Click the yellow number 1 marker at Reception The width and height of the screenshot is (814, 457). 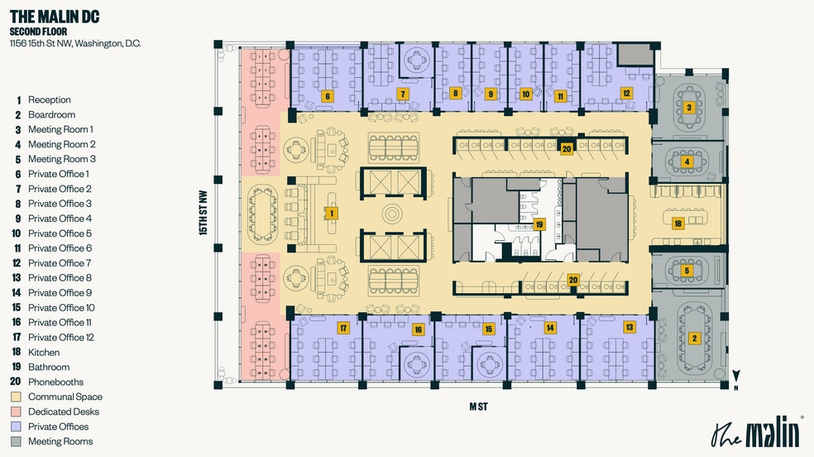click(332, 213)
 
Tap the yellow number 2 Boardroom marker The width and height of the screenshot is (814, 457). click(695, 338)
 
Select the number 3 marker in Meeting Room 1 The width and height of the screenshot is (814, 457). click(688, 108)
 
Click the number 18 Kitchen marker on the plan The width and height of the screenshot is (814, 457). click(677, 224)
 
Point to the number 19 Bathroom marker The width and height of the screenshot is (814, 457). click(539, 224)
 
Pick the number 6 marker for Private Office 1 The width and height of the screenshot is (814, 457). click(328, 96)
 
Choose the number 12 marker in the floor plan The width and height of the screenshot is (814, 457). click(626, 94)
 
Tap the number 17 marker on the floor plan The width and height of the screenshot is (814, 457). click(342, 328)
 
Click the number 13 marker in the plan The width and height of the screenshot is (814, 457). click(630, 328)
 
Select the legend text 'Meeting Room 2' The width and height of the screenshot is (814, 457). click(62, 144)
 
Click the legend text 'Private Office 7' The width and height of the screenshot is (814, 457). click(60, 262)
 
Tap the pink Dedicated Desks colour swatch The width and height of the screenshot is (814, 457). click(17, 411)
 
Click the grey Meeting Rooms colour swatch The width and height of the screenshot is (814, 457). click(17, 441)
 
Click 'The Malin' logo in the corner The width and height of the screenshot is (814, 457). click(756, 432)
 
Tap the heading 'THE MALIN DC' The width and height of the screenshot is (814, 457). click(55, 17)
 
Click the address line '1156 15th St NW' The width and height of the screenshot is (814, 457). click(75, 43)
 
